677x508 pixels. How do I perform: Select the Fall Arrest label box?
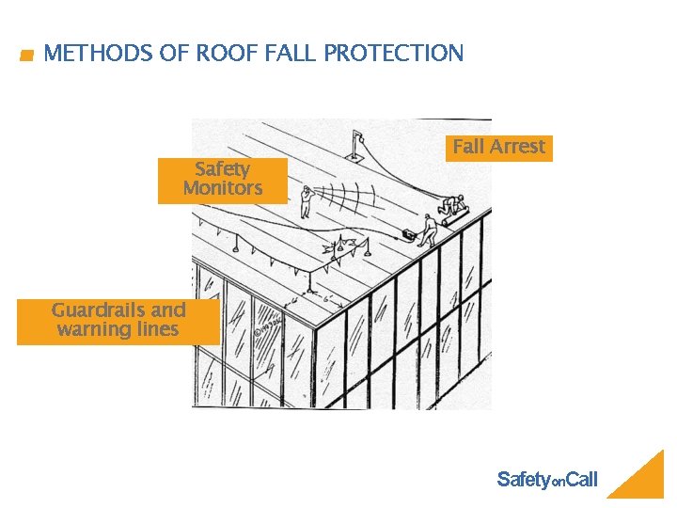click(498, 148)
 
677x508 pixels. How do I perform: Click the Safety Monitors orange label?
click(222, 180)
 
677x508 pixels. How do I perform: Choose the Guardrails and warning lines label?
click(118, 321)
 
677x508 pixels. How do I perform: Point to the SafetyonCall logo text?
click(546, 480)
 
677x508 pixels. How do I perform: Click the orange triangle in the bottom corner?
click(639, 478)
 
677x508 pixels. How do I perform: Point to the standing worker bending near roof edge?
click(428, 228)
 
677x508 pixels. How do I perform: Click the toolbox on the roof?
click(409, 232)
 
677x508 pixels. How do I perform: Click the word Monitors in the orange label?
click(222, 189)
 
